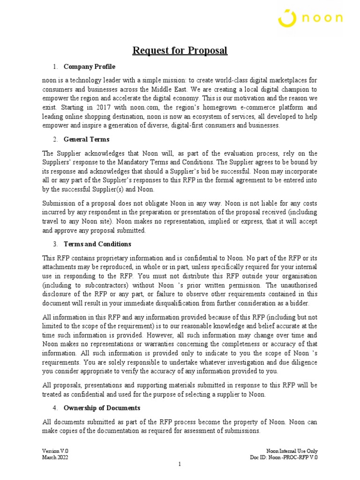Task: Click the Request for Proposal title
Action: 180,51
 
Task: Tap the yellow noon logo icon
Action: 287,18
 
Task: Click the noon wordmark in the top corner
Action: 322,19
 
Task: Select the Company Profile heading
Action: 89,67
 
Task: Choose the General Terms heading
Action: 86,140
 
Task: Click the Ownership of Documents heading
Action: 102,408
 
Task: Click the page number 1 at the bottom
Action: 180,465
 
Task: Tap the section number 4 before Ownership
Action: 55,408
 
